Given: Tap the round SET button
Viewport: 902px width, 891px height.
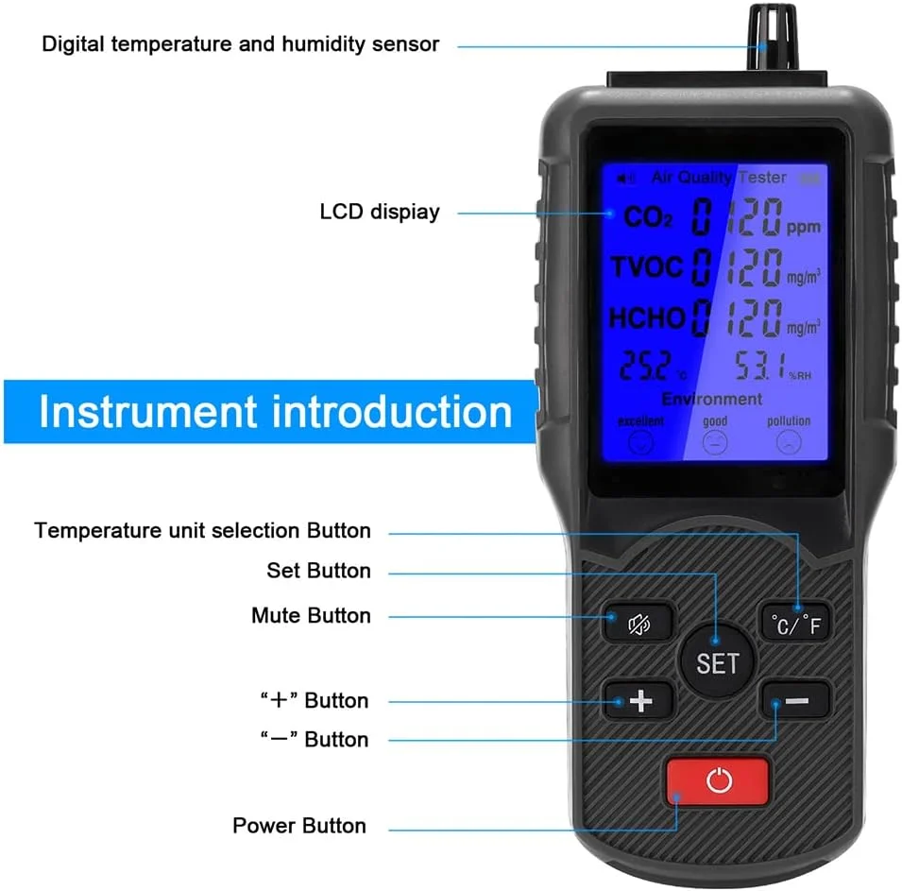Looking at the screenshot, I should click(717, 662).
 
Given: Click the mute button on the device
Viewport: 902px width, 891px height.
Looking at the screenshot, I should click(639, 624).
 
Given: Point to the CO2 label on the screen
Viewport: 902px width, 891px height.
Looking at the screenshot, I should click(647, 217).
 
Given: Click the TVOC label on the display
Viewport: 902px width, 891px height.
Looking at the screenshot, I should click(646, 267).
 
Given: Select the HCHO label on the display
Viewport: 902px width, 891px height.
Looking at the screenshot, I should click(646, 318).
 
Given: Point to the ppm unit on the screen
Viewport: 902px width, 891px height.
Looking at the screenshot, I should click(804, 228).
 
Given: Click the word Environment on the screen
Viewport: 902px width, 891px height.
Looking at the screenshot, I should click(711, 399).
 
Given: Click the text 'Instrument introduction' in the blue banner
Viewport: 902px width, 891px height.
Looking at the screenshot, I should click(275, 413).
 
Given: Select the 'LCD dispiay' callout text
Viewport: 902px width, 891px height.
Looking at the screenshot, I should click(380, 212).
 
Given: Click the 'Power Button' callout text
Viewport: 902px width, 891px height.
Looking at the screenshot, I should click(299, 826).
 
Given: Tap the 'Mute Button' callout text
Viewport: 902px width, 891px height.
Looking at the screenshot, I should click(311, 616).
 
